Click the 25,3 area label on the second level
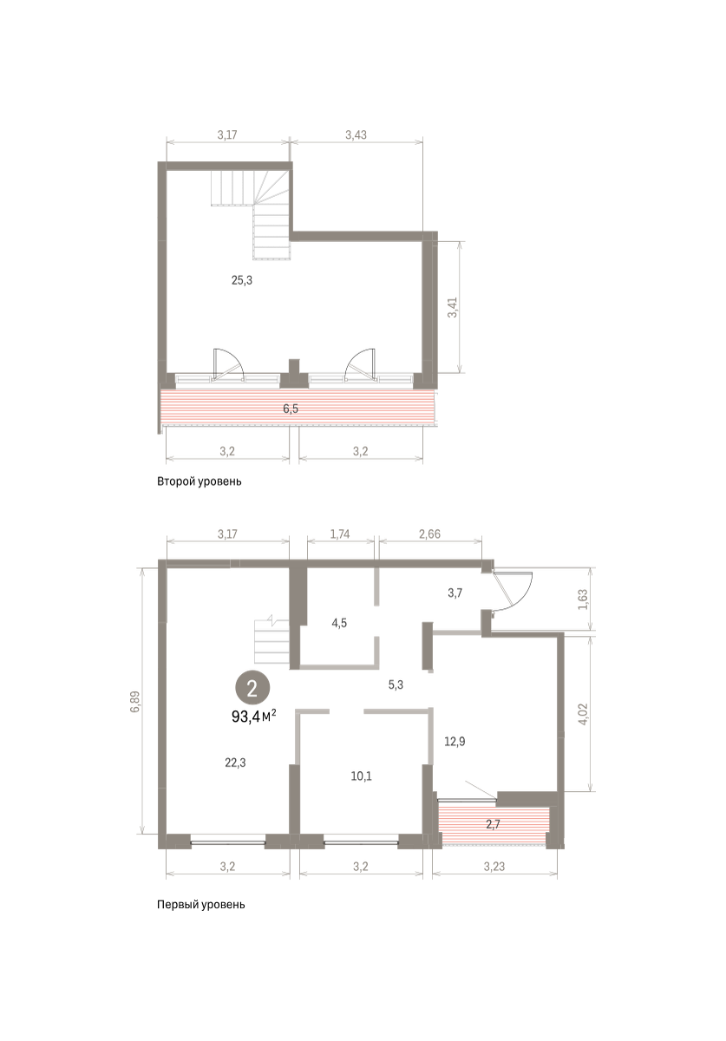click(242, 280)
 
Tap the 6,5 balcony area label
click(291, 409)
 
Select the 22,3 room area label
click(235, 763)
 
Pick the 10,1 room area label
click(361, 776)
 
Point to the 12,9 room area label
click(455, 741)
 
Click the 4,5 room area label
click(339, 623)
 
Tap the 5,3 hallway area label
click(396, 684)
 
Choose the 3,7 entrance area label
click(455, 593)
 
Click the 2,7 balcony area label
click(494, 824)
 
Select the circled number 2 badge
click(252, 688)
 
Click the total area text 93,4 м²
click(254, 717)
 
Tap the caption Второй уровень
click(199, 481)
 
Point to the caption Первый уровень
click(200, 904)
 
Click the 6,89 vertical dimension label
click(134, 702)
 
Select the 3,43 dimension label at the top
click(356, 134)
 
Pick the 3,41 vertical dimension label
click(452, 307)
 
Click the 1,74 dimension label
click(340, 534)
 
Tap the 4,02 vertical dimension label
click(584, 713)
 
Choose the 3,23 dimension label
click(494, 867)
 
